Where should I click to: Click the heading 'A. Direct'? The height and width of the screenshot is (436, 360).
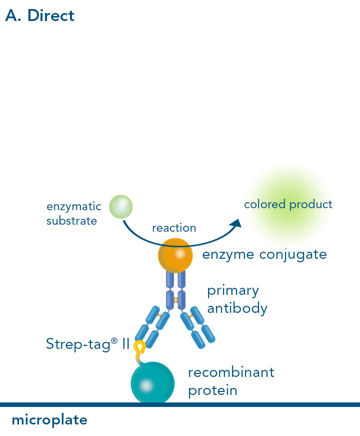39,16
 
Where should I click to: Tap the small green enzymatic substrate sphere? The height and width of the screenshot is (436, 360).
120,206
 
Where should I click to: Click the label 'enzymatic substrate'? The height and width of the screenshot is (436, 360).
73,213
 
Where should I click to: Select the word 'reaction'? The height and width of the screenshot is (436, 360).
174,228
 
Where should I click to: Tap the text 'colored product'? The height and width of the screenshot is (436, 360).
287,204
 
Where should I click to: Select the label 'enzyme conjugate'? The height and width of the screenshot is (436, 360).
264,254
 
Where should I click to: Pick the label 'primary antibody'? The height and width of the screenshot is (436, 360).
237,299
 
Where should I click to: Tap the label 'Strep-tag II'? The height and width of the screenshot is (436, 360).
87,344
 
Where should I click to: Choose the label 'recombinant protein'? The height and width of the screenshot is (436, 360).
231,380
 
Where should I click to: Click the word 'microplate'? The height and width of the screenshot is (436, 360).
49,419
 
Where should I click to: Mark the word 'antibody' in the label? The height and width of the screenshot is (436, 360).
237,308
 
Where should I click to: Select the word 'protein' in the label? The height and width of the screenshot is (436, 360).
212,390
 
